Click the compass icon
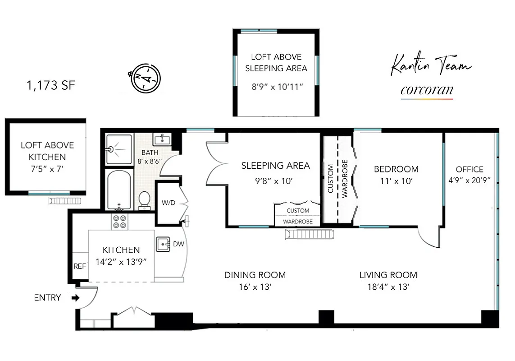[144, 78]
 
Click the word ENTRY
[47, 298]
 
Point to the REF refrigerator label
[80, 267]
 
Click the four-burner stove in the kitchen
[119, 221]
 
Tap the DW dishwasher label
[178, 244]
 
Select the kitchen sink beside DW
[163, 244]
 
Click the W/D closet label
[168, 203]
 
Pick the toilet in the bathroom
[144, 199]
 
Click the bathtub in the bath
[119, 190]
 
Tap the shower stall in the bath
[119, 149]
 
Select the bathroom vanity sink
[161, 139]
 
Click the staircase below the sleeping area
[310, 234]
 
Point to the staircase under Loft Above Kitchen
[67, 200]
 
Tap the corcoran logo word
[427, 90]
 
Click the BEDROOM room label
[396, 169]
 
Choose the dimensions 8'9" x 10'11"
[277, 87]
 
